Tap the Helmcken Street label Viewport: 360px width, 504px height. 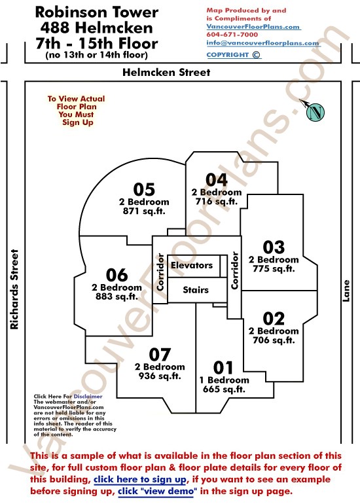[166, 72]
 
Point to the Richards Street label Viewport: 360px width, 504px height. [14, 289]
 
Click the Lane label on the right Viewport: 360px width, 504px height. [346, 291]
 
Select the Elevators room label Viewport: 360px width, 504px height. [192, 265]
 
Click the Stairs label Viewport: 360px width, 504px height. [196, 290]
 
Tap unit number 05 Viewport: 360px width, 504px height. [144, 189]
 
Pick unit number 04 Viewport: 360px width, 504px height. [217, 180]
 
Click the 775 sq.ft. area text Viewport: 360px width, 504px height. [274, 269]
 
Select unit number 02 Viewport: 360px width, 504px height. [274, 319]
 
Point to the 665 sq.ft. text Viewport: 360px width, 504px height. [224, 389]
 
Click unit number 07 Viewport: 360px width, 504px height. [160, 355]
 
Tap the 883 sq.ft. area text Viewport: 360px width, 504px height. [117, 297]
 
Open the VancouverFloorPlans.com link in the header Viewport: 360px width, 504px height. [253, 27]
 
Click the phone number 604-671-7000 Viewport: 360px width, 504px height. [232, 35]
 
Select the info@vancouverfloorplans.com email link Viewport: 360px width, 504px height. [263, 43]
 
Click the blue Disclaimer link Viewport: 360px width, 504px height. [88, 396]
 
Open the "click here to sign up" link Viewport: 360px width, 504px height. [140, 480]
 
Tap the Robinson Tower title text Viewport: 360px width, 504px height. [96, 12]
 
